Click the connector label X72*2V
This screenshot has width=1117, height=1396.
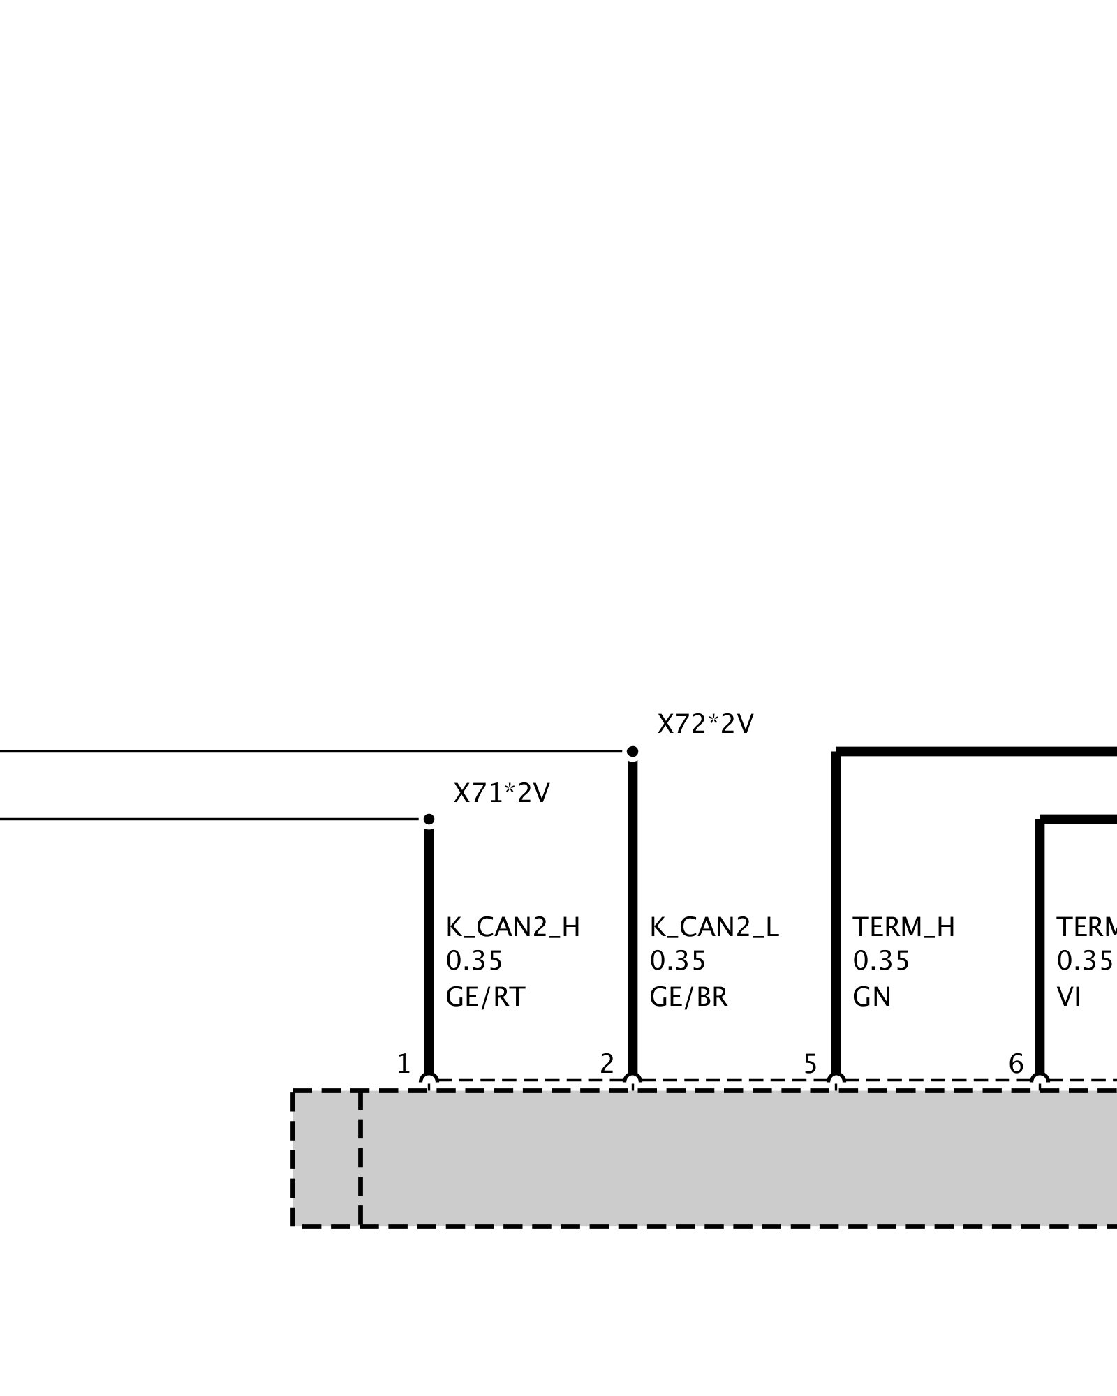(x=705, y=725)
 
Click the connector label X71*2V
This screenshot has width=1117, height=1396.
(x=501, y=793)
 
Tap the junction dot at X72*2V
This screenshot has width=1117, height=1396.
(x=633, y=752)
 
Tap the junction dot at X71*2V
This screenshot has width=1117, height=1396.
(x=429, y=819)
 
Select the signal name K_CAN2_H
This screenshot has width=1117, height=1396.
(x=512, y=928)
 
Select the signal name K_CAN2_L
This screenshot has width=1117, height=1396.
(x=713, y=928)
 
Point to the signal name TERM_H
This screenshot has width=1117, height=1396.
(x=903, y=928)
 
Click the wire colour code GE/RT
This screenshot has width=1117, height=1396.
(x=484, y=997)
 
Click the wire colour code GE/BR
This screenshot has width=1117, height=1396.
(x=688, y=997)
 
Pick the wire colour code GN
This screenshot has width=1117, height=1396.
(x=871, y=997)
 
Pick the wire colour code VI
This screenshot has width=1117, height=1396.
(x=1068, y=997)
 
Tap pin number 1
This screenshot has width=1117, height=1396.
(x=404, y=1064)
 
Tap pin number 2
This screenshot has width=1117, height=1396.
(x=607, y=1064)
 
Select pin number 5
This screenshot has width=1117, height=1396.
(x=810, y=1064)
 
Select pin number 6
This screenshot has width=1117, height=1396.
(x=1016, y=1064)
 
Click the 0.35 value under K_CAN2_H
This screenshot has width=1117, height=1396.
(x=474, y=962)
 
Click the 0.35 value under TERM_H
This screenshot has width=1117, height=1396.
(x=881, y=962)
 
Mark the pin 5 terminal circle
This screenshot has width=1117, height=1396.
(x=836, y=1081)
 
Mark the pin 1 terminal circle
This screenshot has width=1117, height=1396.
(x=429, y=1081)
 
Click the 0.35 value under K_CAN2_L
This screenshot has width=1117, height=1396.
(x=677, y=962)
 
